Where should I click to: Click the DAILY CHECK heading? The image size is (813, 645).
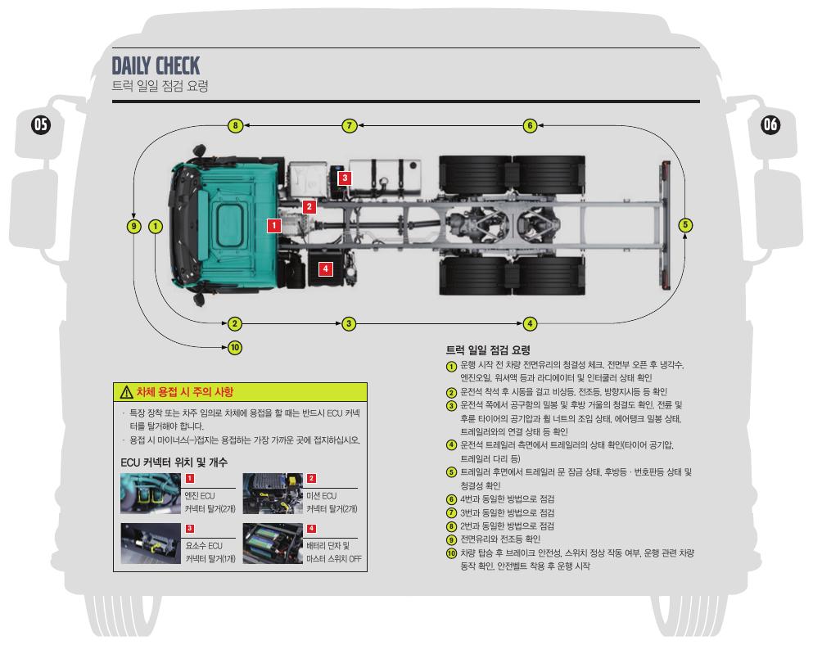[156, 65]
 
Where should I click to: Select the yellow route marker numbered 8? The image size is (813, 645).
[235, 125]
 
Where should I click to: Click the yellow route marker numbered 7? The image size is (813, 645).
[350, 125]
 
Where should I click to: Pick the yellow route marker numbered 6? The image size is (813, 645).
[530, 125]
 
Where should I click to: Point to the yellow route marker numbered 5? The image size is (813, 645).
[686, 225]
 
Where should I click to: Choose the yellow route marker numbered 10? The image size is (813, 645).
[235, 348]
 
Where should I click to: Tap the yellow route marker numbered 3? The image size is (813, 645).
[350, 323]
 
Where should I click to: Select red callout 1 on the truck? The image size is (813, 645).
[274, 223]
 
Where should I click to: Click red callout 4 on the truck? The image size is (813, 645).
[325, 268]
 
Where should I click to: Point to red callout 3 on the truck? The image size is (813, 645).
[345, 177]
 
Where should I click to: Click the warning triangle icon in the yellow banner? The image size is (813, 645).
[126, 392]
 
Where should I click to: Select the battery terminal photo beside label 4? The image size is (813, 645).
[272, 544]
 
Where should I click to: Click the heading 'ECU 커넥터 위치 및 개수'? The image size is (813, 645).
[174, 462]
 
